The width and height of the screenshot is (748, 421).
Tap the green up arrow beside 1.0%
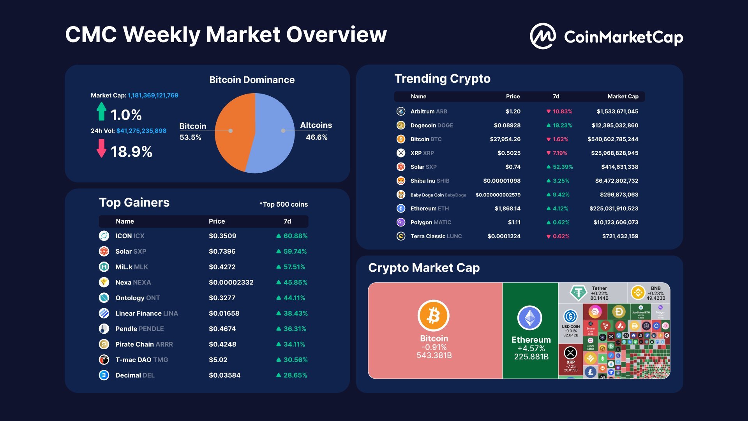[101, 111]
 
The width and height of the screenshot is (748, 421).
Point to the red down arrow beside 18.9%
[101, 148]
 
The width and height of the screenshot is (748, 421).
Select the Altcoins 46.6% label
[316, 131]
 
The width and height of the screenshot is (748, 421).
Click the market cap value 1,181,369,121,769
[153, 96]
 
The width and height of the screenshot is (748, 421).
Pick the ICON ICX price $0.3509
[222, 236]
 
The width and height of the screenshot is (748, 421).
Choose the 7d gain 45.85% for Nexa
[295, 282]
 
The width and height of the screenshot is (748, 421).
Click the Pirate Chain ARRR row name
[144, 344]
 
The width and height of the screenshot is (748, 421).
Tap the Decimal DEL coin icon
[104, 375]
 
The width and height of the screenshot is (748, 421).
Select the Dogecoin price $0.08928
[507, 125]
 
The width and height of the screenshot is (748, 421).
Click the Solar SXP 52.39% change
[563, 167]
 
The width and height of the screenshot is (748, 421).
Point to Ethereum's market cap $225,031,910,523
[614, 209]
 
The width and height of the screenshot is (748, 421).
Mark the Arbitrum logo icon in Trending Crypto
[401, 111]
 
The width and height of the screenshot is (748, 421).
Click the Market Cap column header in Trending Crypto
[623, 96]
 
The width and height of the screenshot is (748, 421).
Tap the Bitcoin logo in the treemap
[434, 315]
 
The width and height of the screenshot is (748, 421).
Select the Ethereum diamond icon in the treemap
[530, 318]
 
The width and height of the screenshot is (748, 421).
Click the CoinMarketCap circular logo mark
[543, 36]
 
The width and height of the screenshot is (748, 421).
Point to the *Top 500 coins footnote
[284, 204]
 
